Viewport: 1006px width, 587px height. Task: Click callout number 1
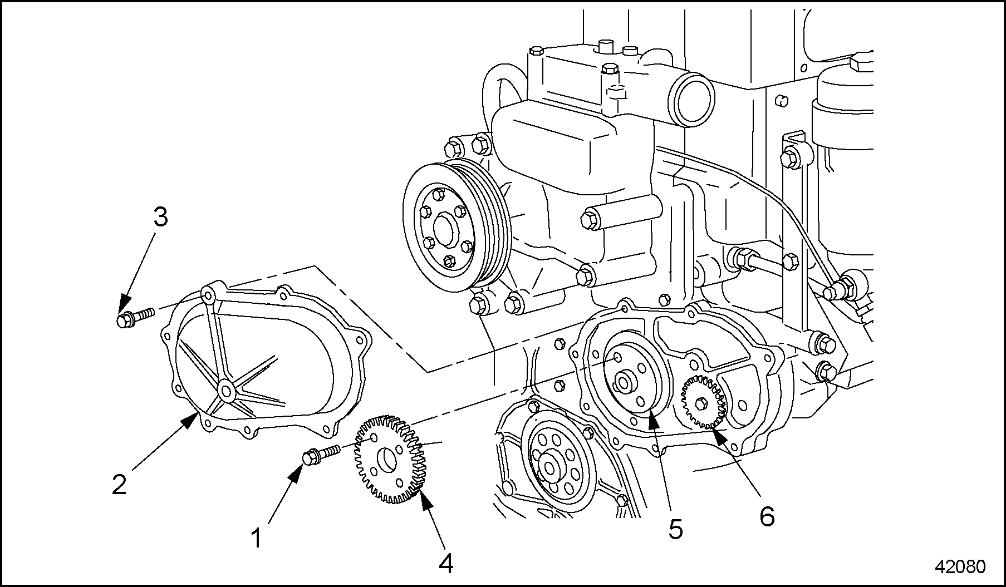(257, 538)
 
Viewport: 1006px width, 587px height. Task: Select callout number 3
(160, 218)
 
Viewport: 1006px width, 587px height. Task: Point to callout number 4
(446, 564)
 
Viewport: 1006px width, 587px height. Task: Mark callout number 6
(767, 516)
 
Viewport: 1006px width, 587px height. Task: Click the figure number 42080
(960, 566)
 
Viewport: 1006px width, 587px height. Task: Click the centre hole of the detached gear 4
(386, 460)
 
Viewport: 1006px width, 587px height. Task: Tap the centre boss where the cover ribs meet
(225, 391)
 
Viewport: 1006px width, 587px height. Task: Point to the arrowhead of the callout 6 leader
(716, 435)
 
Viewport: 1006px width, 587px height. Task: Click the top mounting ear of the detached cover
(209, 294)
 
